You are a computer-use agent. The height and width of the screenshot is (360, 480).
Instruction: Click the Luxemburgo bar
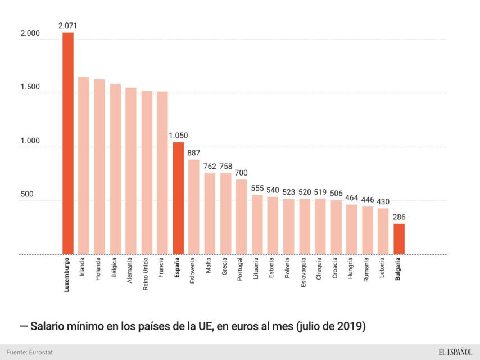pos(67,143)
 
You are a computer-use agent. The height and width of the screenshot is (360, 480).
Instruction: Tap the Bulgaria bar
pos(399,239)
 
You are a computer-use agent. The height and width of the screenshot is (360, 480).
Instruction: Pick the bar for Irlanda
pos(83,165)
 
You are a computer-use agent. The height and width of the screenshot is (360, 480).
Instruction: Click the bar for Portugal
pos(241,217)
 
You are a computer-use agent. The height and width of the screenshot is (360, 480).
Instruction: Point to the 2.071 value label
pos(67,25)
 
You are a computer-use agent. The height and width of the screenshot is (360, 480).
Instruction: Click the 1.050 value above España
pos(178,135)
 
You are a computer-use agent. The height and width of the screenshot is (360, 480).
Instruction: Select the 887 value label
pos(194,152)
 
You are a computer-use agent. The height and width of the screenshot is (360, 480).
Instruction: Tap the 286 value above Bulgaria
pos(399,217)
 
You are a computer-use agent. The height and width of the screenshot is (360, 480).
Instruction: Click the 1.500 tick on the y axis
pos(30,87)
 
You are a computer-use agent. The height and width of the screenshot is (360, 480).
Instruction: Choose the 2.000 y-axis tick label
pos(30,34)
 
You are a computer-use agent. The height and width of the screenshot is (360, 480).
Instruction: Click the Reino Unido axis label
pos(147,274)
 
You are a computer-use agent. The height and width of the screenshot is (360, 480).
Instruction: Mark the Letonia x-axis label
pos(383,269)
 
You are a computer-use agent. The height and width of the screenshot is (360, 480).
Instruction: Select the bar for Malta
pos(210,213)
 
